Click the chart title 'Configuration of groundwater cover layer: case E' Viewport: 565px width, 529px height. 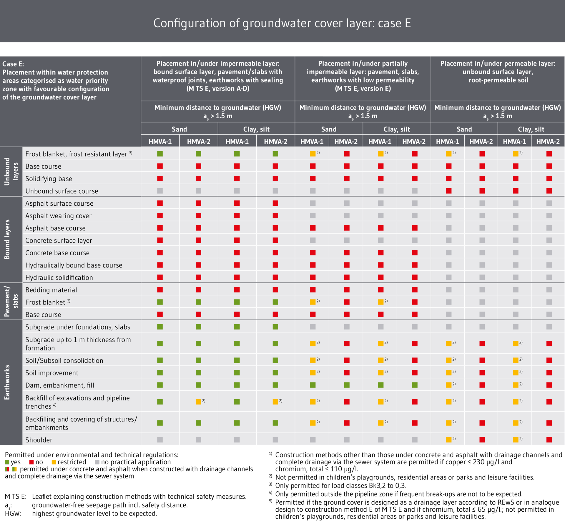(282, 23)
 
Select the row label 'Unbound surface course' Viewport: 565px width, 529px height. (62, 191)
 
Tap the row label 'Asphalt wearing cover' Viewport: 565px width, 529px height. (58, 216)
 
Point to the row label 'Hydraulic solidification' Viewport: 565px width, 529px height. (59, 277)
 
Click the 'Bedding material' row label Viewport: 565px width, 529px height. (51, 290)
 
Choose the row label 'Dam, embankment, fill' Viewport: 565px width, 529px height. (59, 385)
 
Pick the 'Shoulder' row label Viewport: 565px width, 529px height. (39, 440)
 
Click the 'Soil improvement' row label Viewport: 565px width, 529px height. (52, 373)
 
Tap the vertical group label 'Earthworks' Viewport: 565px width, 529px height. (7, 382)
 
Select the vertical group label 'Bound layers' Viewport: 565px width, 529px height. (7, 239)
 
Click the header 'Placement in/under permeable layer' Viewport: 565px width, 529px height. (498, 64)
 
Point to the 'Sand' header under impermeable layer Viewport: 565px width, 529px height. (179, 129)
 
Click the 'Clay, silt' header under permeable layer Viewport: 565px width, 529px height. (531, 129)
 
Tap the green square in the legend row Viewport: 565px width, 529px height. (7, 462)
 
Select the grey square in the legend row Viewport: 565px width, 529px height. (97, 462)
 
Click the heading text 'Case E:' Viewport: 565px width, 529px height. (13, 64)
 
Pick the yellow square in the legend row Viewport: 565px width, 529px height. (54, 462)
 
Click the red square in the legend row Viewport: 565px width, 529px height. (31, 462)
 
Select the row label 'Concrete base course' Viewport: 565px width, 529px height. (57, 253)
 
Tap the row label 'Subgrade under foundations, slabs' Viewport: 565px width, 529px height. (78, 327)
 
